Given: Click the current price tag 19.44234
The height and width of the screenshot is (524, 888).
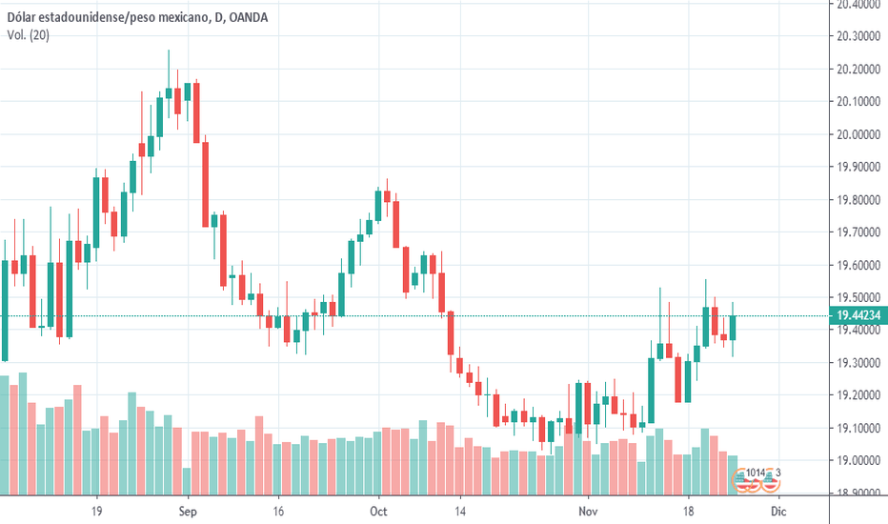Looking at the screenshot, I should click(x=857, y=315).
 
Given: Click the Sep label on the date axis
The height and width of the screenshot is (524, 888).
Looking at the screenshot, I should click(x=187, y=510).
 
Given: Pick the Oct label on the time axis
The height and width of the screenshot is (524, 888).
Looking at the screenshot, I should click(x=378, y=510).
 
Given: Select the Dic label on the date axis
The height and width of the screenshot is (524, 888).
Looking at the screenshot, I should click(x=778, y=510).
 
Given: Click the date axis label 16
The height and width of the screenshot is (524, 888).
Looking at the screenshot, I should click(x=277, y=510).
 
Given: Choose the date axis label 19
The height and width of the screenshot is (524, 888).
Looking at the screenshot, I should click(x=96, y=510).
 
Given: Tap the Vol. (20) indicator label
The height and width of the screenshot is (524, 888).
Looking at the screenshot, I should click(x=29, y=34).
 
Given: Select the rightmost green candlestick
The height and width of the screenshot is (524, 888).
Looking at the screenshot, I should click(x=733, y=327).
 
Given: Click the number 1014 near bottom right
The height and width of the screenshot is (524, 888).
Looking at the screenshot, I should click(x=756, y=473).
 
